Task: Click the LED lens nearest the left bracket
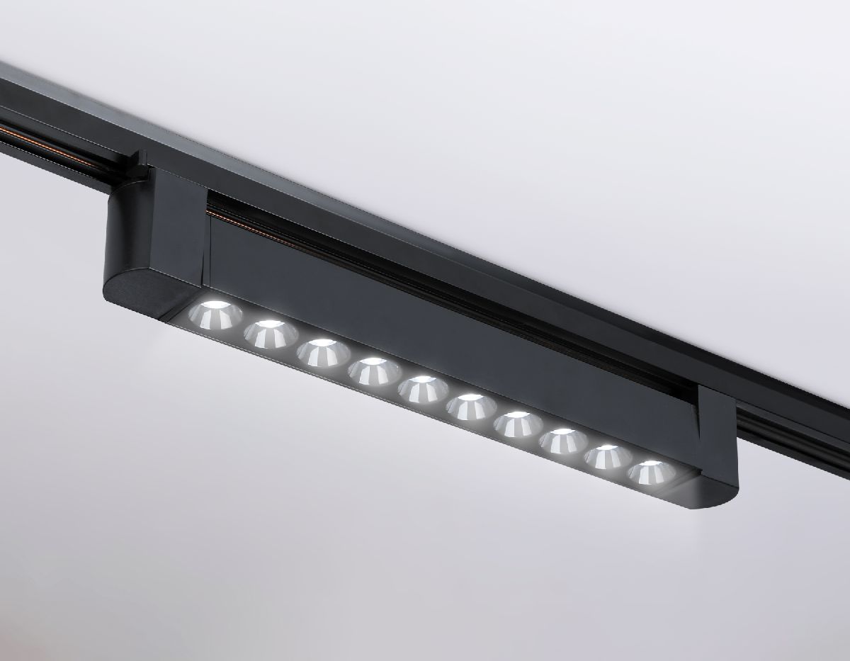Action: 215,315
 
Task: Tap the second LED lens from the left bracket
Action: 271,333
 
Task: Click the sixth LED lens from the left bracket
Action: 470,406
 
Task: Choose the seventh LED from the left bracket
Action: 518,424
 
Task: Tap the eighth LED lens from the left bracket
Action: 563,441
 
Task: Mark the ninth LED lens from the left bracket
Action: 608,457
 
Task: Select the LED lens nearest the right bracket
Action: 651,473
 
